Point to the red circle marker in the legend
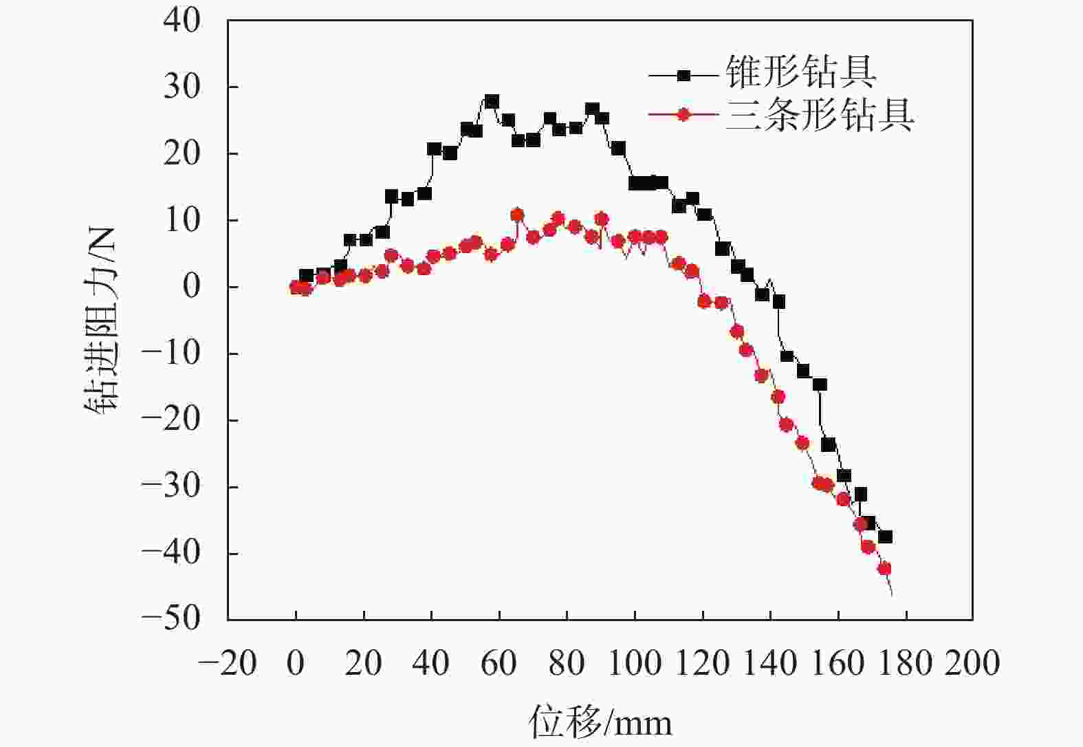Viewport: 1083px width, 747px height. pyautogui.click(x=683, y=115)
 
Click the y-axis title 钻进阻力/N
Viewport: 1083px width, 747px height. pyautogui.click(x=101, y=319)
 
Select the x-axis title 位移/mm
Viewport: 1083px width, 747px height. pyautogui.click(x=600, y=722)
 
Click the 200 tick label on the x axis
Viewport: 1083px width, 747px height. pyautogui.click(x=972, y=663)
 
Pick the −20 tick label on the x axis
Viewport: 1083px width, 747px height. pyautogui.click(x=228, y=663)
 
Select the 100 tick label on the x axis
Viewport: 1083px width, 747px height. pyautogui.click(x=635, y=663)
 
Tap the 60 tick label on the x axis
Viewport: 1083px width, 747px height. pyautogui.click(x=499, y=663)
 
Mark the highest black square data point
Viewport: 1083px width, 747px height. pyautogui.click(x=492, y=102)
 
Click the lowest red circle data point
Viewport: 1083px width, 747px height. pyautogui.click(x=884, y=568)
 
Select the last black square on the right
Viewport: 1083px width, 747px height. pyautogui.click(x=885, y=537)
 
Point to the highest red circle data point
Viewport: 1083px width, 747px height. pyautogui.click(x=517, y=215)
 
